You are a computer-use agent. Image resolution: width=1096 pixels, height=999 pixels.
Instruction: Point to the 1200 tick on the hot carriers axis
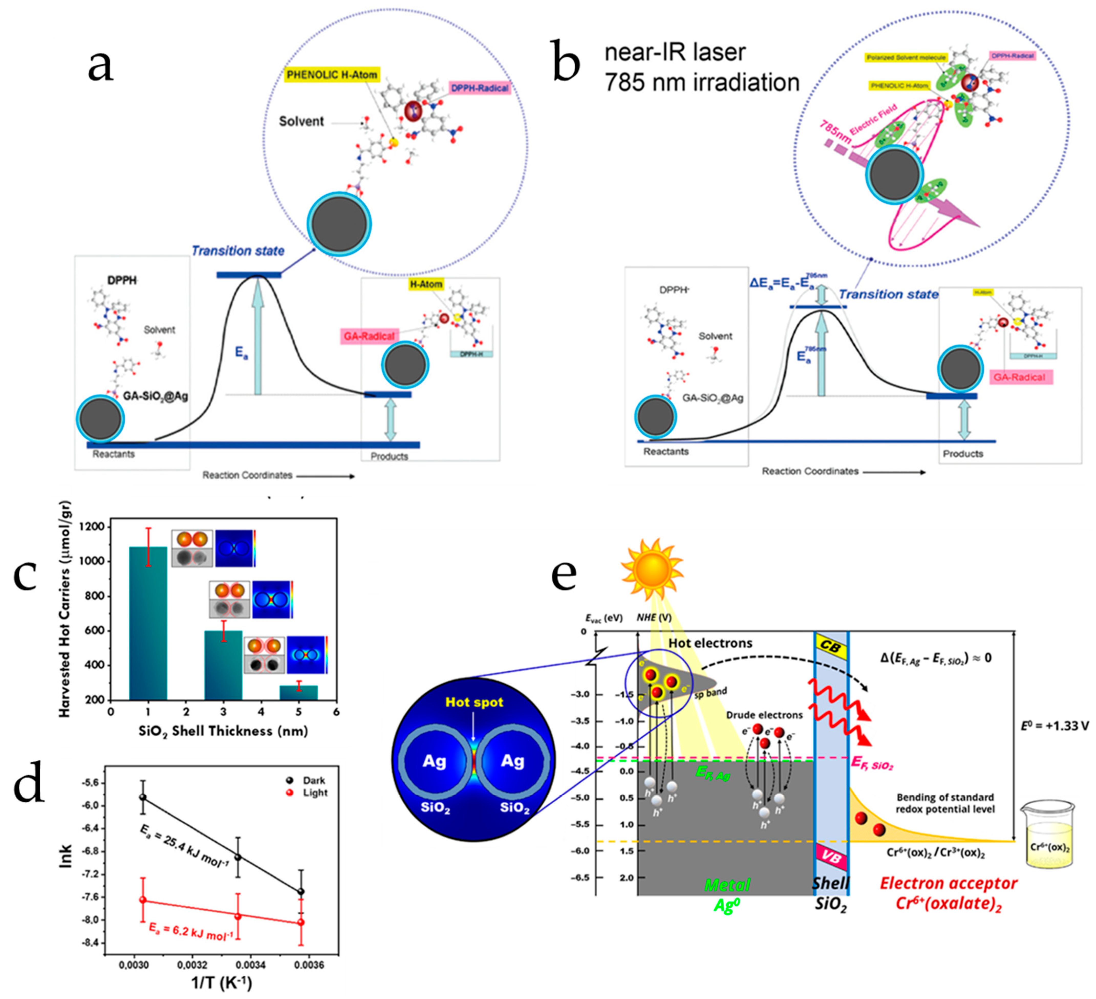[x=94, y=527]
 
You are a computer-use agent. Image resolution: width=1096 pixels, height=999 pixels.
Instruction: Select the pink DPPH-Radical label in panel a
[x=479, y=88]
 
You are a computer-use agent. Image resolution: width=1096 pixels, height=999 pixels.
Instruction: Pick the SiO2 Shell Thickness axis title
[x=223, y=731]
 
